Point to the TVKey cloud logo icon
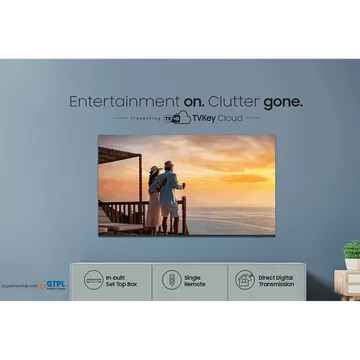pos(179,118)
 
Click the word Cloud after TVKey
pos(225,118)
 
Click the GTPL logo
pos(51,284)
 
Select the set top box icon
pos(92,279)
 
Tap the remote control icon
pos(169,279)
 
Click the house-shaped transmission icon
pos(245,279)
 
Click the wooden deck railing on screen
pos(126,213)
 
